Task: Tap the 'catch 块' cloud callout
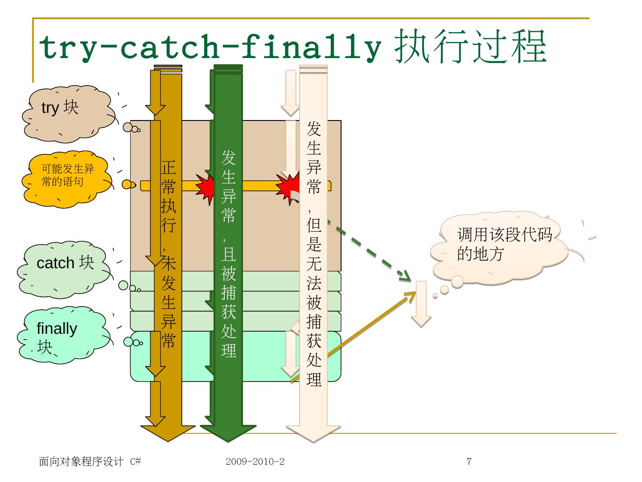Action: click(x=65, y=268)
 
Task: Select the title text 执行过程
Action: click(x=470, y=47)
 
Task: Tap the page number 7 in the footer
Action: click(x=469, y=461)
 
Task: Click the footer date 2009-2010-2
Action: click(x=255, y=461)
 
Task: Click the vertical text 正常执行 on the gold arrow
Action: click(x=169, y=196)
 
